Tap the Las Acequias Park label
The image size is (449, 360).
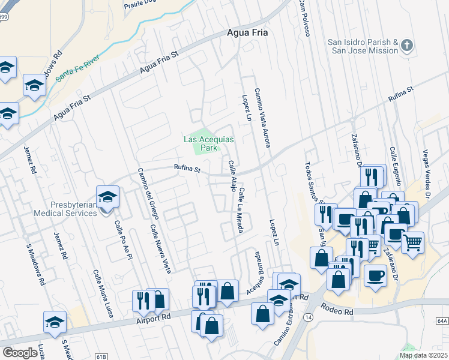click(208, 143)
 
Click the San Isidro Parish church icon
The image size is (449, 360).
click(407, 46)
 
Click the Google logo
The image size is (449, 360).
click(20, 353)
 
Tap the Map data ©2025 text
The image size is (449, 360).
click(424, 355)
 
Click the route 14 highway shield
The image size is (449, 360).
click(309, 316)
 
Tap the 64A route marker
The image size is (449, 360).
click(442, 321)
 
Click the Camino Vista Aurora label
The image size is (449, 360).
click(262, 117)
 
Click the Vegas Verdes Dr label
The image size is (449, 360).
click(427, 171)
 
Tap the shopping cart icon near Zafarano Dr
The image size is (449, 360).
click(412, 242)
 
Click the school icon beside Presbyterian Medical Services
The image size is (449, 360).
click(107, 197)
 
